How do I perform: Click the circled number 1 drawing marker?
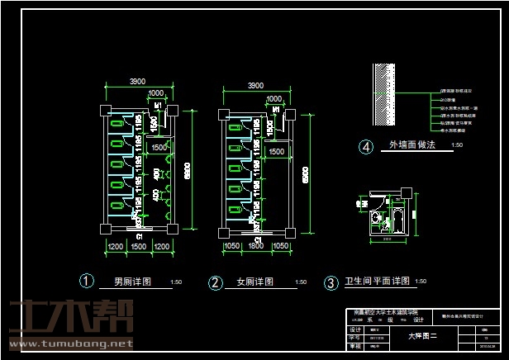(x=85, y=281)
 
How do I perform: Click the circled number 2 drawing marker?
(x=216, y=282)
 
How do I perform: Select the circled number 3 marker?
(x=331, y=283)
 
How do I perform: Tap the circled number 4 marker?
(x=366, y=147)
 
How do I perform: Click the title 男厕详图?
(x=132, y=282)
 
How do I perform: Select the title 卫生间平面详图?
(x=377, y=282)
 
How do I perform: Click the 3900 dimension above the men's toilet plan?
(x=137, y=81)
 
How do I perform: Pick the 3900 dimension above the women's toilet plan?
(x=256, y=85)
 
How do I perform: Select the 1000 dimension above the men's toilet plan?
(x=155, y=93)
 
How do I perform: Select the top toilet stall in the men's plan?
(x=117, y=123)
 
